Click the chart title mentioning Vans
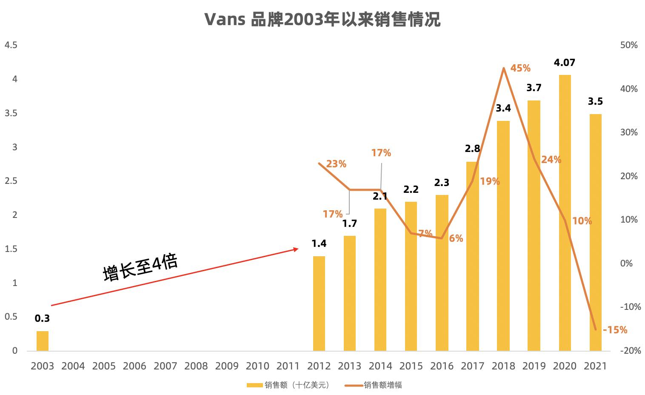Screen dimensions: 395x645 [x=322, y=19]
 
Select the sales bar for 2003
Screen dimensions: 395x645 [x=43, y=341]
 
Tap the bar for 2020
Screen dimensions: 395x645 [x=565, y=213]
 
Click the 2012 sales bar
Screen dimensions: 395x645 [x=319, y=303]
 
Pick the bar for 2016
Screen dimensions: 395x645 [x=442, y=272]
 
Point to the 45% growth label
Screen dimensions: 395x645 [x=520, y=68]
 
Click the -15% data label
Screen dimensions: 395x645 [x=615, y=330]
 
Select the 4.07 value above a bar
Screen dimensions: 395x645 [x=565, y=63]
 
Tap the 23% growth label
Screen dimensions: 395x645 [x=336, y=164]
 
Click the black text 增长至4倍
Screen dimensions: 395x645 [x=140, y=267]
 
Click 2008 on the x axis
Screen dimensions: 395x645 [x=196, y=366]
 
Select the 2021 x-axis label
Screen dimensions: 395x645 [x=595, y=366]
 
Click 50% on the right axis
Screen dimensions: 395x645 [x=629, y=45]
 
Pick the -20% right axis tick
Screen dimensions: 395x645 [x=630, y=351]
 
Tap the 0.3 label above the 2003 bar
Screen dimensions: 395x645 [x=42, y=318]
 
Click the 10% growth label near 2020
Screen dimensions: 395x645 [x=582, y=221]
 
